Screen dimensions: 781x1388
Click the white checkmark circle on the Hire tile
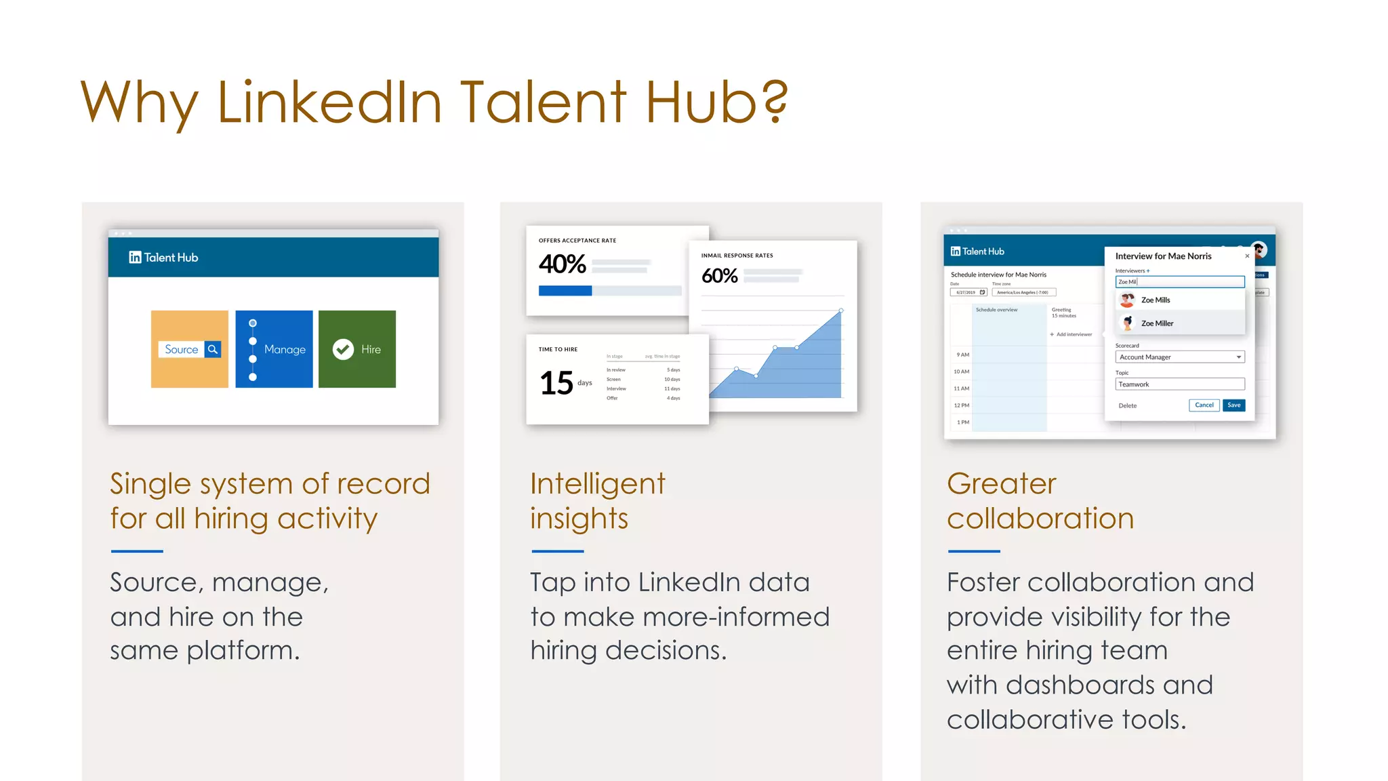343,349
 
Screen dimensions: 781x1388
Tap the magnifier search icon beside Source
213,349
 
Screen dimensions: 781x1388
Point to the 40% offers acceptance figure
562,264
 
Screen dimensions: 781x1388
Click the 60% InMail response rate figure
719,276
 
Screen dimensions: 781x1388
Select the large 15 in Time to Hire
556,383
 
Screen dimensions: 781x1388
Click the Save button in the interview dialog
1233,405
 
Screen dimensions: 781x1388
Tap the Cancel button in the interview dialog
1204,405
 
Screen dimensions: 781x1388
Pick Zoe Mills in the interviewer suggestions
1155,300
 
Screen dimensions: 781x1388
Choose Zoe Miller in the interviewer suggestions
1157,323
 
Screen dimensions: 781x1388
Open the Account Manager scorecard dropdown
1179,357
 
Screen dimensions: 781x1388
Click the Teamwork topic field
1179,384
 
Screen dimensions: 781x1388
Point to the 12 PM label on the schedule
961,405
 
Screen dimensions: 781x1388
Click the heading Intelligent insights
597,501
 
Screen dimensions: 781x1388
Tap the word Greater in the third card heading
1001,484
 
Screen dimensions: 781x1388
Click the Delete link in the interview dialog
1127,406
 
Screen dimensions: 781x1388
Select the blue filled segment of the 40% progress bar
565,291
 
